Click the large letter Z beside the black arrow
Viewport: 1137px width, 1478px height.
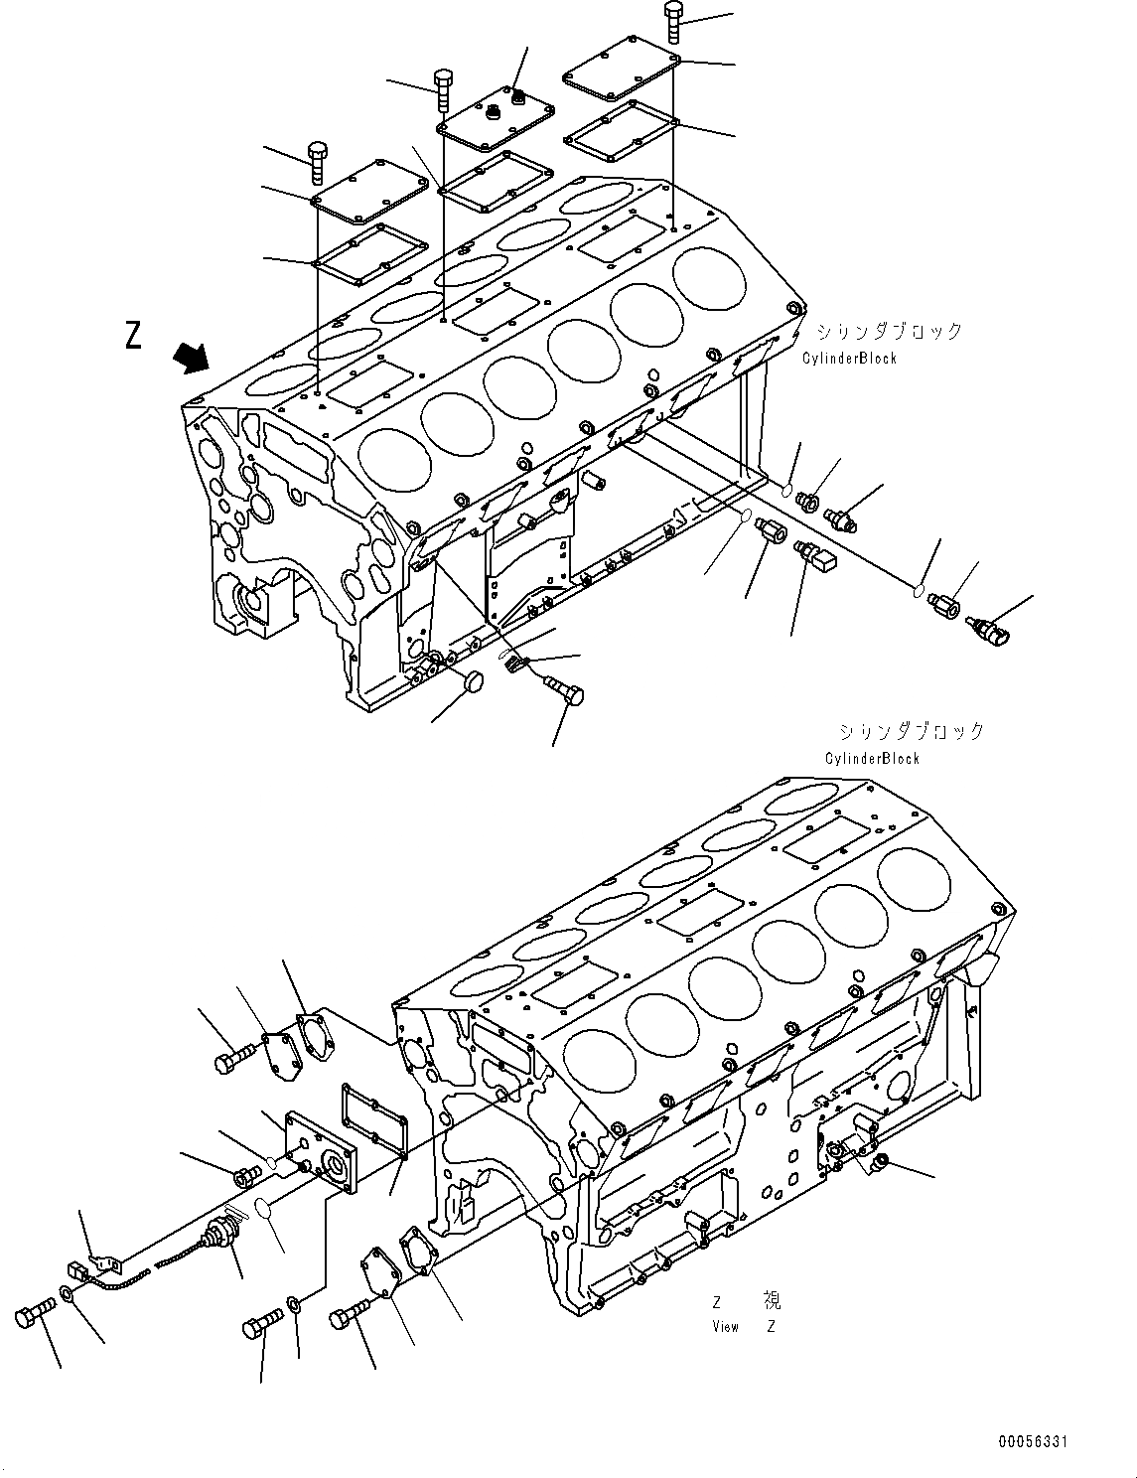click(x=133, y=336)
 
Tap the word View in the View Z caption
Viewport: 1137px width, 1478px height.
click(x=725, y=1326)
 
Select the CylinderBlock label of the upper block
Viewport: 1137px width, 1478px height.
click(x=850, y=359)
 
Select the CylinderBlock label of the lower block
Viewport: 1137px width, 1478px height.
click(x=873, y=759)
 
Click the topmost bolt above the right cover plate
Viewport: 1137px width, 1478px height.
click(x=674, y=21)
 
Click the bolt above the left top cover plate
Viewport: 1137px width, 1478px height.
click(x=318, y=161)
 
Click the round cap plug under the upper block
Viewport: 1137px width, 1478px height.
click(x=474, y=681)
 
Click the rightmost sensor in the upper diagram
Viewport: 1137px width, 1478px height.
click(x=987, y=628)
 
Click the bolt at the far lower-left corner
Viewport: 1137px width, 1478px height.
click(x=33, y=1318)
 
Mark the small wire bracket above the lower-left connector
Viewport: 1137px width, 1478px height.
click(x=103, y=1260)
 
